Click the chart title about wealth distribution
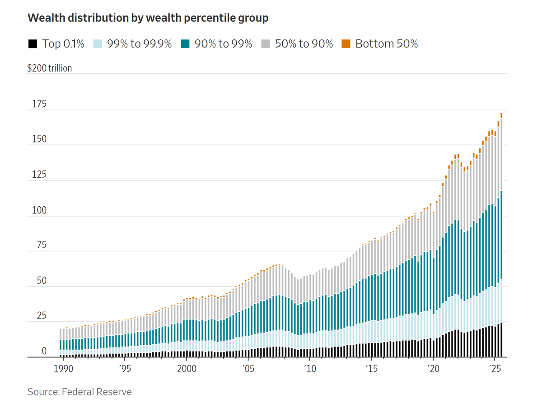tap(148, 18)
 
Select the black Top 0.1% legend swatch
tap(33, 44)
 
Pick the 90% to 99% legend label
tap(223, 44)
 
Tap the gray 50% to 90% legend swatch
tap(266, 44)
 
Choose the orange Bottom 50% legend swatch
tap(346, 44)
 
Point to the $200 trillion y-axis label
tap(50, 68)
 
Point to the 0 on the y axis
tap(44, 351)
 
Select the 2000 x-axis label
tap(187, 368)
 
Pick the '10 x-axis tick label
tap(309, 368)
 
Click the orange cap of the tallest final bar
tap(501, 115)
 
